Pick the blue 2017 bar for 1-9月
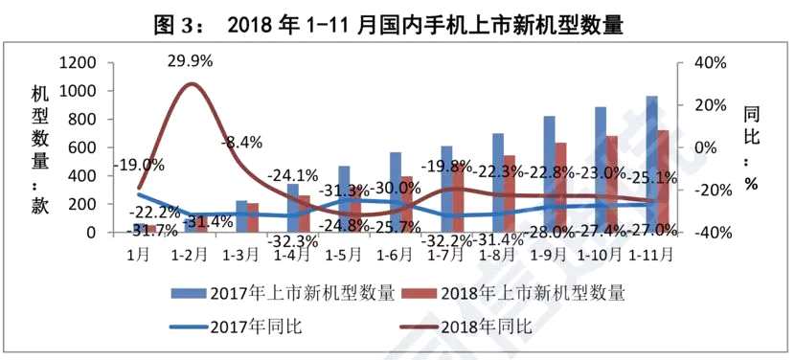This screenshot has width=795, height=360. point(549,173)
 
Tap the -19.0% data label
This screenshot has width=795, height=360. point(138,165)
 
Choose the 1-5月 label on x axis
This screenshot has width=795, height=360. point(343,255)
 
